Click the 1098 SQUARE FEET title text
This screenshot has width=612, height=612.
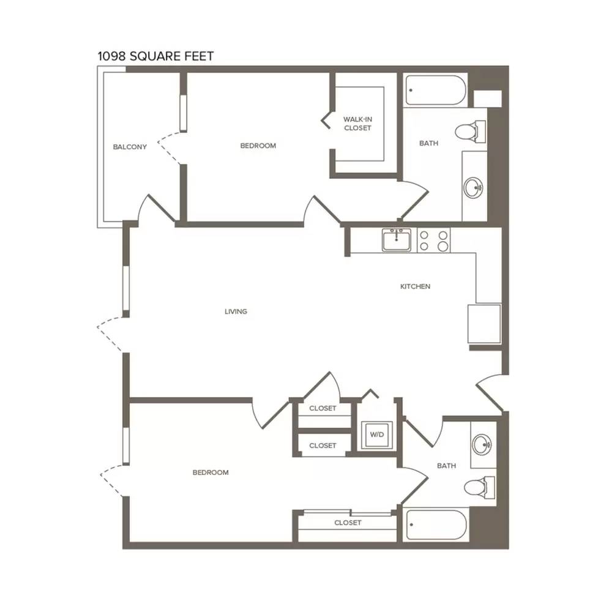click(x=155, y=56)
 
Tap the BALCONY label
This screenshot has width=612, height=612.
click(x=130, y=147)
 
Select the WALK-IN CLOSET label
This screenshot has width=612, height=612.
click(x=357, y=124)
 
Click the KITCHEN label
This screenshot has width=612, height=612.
click(x=416, y=286)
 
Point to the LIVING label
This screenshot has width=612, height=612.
click(x=236, y=312)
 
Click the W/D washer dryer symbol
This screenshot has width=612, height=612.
click(x=376, y=435)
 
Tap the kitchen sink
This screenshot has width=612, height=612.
click(x=396, y=240)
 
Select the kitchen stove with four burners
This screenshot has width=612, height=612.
click(x=434, y=240)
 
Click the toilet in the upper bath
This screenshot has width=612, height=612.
click(x=471, y=131)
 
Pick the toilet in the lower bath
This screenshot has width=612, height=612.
click(x=480, y=487)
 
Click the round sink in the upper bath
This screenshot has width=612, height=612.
click(x=474, y=187)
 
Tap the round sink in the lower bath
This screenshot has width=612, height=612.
click(x=482, y=444)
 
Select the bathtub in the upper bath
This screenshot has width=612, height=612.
click(x=436, y=91)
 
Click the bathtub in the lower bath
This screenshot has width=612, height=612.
click(x=436, y=525)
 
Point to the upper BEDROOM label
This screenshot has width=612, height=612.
click(x=258, y=146)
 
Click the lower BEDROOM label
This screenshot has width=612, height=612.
click(x=211, y=472)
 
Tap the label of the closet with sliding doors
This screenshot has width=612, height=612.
click(x=348, y=523)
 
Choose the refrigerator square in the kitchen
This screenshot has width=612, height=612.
click(x=484, y=324)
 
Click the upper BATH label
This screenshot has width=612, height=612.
click(x=428, y=143)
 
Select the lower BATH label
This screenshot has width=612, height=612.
click(x=447, y=466)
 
